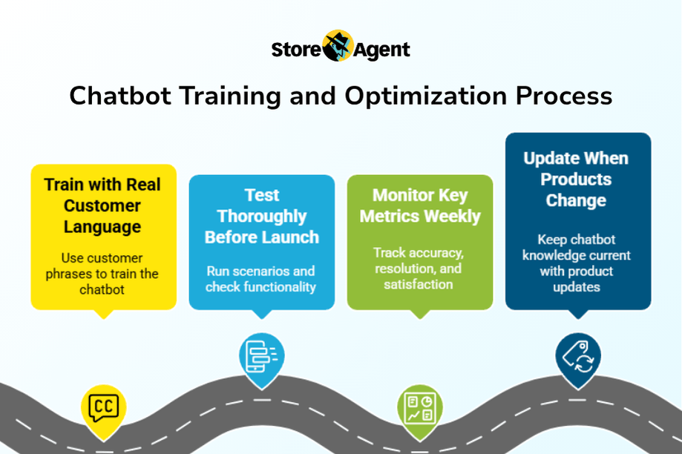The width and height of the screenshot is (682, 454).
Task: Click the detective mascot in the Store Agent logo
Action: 338,46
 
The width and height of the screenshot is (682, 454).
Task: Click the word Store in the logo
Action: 296,50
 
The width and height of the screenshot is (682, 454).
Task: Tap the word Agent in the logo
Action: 381,50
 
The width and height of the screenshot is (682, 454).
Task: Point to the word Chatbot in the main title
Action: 120,96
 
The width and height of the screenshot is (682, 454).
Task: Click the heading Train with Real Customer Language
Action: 102,205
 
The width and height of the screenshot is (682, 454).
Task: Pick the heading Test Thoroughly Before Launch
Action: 262,216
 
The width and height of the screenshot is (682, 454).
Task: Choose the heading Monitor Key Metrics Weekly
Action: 420,205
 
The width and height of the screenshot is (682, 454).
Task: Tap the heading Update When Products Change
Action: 576,180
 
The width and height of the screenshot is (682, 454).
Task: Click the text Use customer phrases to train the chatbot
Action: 102,274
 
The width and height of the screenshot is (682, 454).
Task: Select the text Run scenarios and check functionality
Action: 261,279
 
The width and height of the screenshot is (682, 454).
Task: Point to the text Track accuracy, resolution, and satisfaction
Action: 419,269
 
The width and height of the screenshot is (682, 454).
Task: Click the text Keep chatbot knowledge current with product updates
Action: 577,263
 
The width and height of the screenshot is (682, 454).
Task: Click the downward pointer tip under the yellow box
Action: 103,319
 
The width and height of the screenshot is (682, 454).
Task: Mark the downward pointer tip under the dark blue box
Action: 578,319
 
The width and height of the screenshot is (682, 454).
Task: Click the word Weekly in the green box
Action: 453,216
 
